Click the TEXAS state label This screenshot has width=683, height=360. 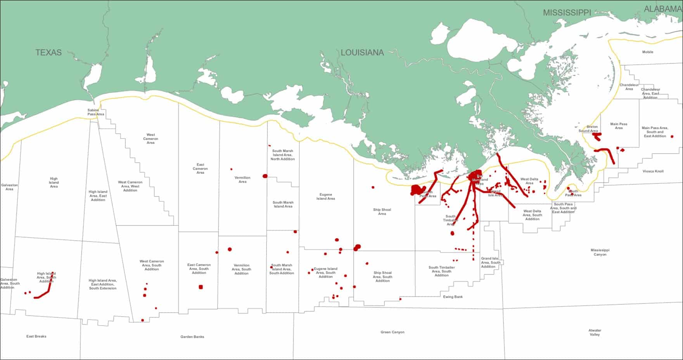(48, 53)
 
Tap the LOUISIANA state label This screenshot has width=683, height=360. (362, 53)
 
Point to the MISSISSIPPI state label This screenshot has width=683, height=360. (567, 13)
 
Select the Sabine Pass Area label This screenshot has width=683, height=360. (96, 112)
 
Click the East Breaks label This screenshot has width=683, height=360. (36, 336)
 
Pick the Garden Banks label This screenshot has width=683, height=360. (192, 337)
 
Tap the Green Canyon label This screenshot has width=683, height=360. (393, 332)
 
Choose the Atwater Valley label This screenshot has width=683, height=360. (595, 332)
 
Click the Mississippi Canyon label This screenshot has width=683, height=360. (600, 252)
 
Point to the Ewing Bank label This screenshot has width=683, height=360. (453, 297)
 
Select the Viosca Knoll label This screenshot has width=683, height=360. (653, 171)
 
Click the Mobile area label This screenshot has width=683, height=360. (648, 52)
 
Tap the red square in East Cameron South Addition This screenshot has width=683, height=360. (201, 287)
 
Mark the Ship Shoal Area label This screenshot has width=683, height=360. (382, 211)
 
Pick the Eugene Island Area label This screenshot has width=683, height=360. (325, 197)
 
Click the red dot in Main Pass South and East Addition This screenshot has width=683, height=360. (672, 137)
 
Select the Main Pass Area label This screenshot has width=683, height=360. (619, 126)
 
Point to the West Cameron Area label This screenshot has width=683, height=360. (150, 138)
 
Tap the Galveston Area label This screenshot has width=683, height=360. (9, 187)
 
